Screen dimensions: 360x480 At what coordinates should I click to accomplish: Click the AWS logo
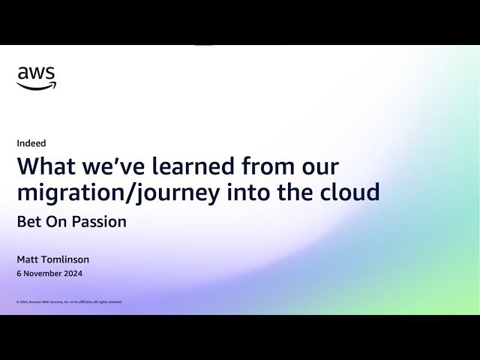coord(36,77)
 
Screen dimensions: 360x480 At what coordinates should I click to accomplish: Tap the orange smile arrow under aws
coord(36,86)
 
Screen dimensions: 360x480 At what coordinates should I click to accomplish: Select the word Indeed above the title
coord(31,143)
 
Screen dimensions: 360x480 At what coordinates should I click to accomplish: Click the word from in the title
coord(272,166)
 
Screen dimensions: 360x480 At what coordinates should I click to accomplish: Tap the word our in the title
coord(321,166)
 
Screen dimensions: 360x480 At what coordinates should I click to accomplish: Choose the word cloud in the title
coord(347,193)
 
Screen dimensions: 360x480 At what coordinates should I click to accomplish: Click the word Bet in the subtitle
coord(28,222)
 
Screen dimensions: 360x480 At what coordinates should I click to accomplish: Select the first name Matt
coord(27,259)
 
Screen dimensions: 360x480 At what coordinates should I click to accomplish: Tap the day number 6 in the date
coord(19,274)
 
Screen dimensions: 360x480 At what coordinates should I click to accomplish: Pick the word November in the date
coord(41,274)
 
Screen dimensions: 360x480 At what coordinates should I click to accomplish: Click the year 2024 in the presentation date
coord(73,274)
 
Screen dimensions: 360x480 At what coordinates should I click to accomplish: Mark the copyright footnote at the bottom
coord(69,301)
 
